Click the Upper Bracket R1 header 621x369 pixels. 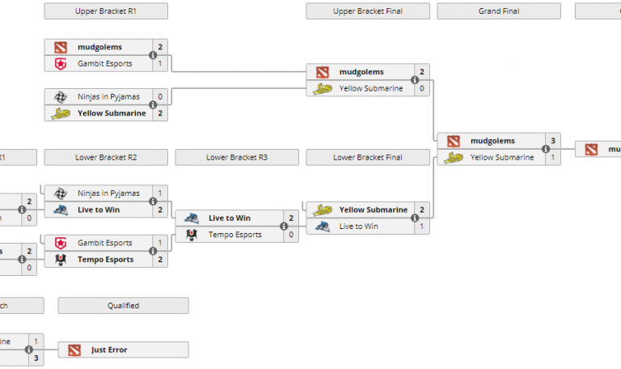[107, 11]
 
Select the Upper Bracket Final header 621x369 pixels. [368, 11]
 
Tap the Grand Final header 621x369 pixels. [499, 11]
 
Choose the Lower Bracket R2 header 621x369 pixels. [107, 157]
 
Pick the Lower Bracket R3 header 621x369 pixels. [237, 157]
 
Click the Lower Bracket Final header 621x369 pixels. [368, 157]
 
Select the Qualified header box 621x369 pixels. [123, 305]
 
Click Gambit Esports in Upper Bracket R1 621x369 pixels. [104, 63]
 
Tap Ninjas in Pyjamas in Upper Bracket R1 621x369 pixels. [108, 96]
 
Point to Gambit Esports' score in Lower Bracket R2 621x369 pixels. [160, 243]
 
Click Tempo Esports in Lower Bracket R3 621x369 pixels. [235, 235]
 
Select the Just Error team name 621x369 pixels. [109, 350]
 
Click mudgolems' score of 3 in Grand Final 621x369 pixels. [553, 141]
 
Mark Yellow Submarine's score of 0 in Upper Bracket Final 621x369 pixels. [421, 88]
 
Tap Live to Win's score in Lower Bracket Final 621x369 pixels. [421, 226]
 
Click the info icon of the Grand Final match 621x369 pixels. [546, 149]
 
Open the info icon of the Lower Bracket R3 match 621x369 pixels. [284, 227]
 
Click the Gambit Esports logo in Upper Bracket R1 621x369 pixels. [61, 63]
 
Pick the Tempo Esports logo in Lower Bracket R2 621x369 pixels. [61, 260]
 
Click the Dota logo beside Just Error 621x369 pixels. [74, 350]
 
